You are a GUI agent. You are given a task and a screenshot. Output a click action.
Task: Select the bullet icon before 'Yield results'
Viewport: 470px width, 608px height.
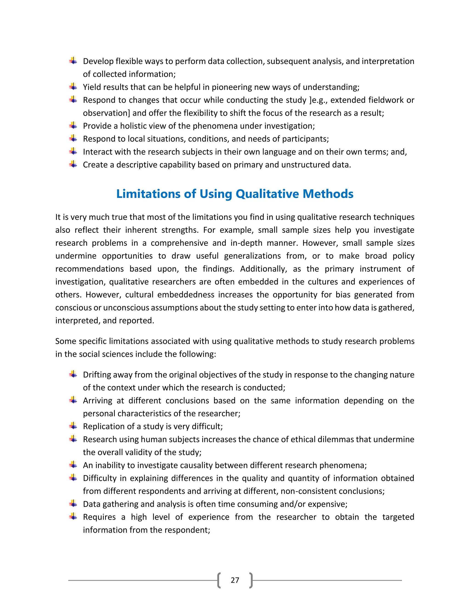(73, 86)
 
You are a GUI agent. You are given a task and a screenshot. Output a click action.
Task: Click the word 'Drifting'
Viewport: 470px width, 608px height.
(96, 375)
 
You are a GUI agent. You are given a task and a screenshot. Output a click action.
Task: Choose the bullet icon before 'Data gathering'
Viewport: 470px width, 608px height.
(73, 504)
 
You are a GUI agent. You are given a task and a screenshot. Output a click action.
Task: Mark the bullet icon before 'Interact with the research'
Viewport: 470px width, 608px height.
(73, 151)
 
